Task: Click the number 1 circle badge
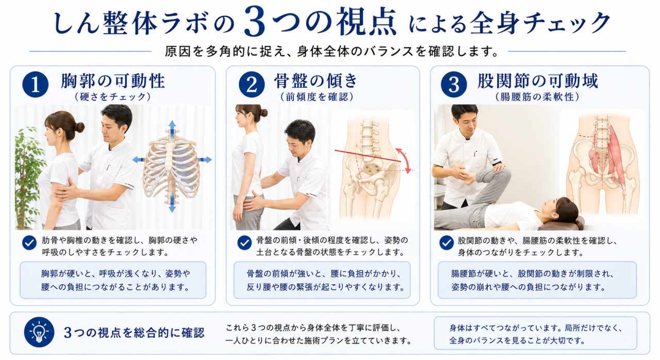click(36, 85)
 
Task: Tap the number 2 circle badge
click(252, 85)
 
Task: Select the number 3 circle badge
click(454, 85)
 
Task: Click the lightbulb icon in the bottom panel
click(39, 332)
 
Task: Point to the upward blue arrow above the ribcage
click(172, 127)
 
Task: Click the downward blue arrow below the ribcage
click(172, 204)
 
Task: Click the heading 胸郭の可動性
click(113, 81)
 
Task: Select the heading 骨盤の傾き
click(316, 81)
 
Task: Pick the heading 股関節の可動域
click(538, 81)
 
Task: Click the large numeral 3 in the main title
click(255, 22)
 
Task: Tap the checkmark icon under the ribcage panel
click(29, 243)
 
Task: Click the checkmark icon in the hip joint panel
click(447, 243)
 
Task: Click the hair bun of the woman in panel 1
click(79, 127)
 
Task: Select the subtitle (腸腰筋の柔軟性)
click(538, 96)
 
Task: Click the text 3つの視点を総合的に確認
click(134, 333)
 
